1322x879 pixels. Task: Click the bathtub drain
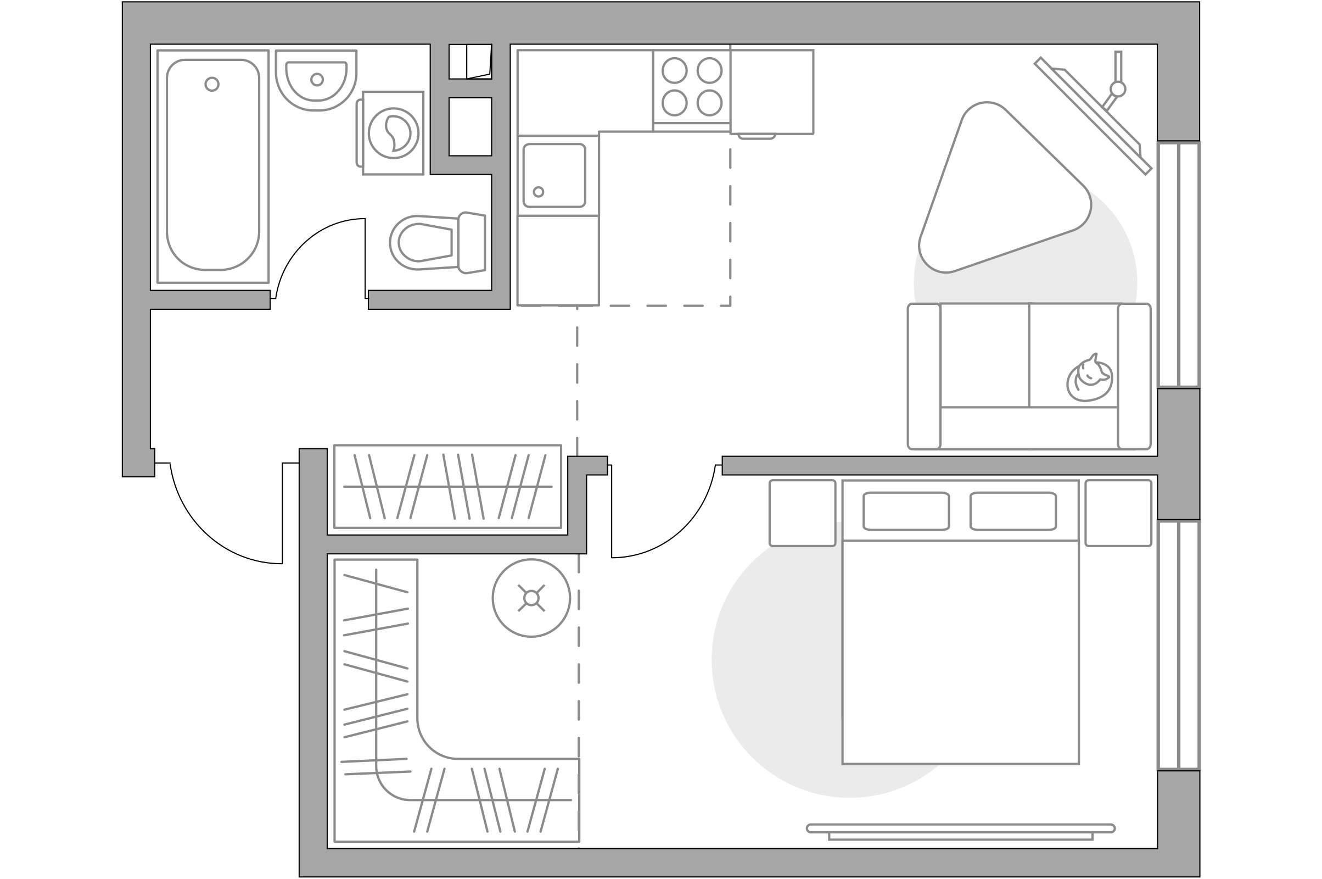click(x=212, y=84)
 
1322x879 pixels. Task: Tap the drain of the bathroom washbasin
click(x=317, y=80)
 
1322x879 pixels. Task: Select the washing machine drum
click(x=393, y=133)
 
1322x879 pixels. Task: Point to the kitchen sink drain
click(x=539, y=192)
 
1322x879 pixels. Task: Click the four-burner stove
click(x=692, y=87)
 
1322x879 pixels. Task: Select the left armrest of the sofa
click(x=924, y=377)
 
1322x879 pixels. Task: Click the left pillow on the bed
click(x=906, y=511)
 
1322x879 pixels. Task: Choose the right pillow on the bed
click(x=1013, y=511)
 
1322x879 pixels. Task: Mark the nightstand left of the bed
click(x=802, y=513)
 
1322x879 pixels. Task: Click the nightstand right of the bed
click(x=1118, y=513)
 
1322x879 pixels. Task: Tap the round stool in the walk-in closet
click(x=531, y=598)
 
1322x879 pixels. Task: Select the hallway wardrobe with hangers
click(x=447, y=487)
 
